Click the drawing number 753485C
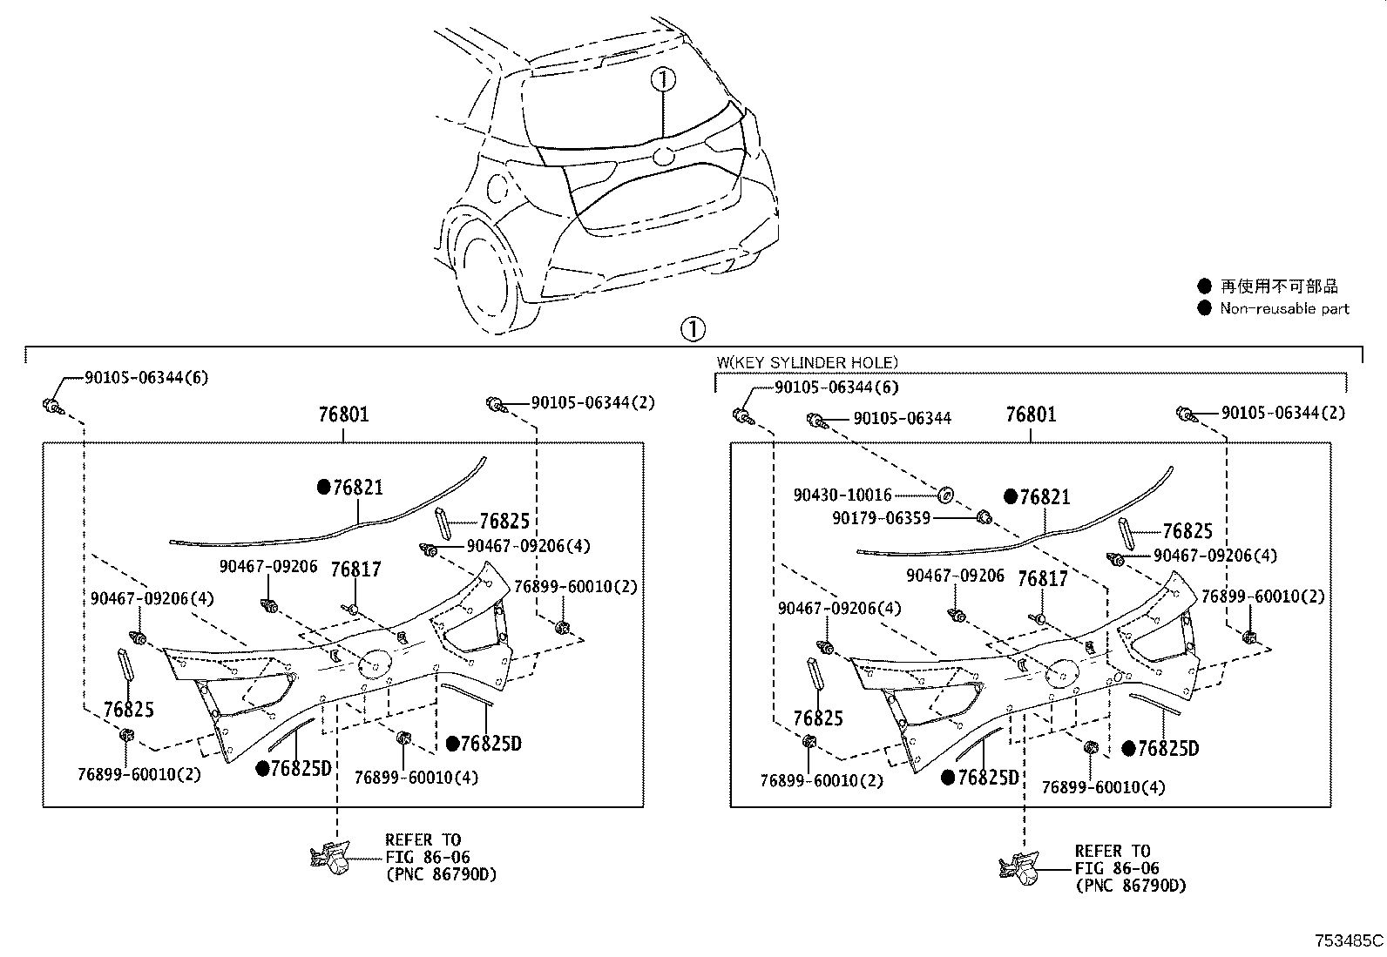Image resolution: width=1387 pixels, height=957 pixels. [x=1349, y=940]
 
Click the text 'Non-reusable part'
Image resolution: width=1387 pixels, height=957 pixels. [x=1283, y=308]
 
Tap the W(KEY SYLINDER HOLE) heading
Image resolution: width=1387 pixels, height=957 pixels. [x=806, y=362]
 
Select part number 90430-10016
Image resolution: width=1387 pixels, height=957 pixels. [x=842, y=495]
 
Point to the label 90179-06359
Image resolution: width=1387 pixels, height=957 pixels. [x=881, y=517]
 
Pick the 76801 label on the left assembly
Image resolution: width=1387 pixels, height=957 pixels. [x=343, y=414]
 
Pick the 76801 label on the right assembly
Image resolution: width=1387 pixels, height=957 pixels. [x=1031, y=414]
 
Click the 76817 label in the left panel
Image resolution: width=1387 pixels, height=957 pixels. [x=355, y=569]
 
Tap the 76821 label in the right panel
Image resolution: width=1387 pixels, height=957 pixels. [x=1045, y=496]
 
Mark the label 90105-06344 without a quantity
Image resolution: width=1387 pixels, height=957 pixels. [x=902, y=418]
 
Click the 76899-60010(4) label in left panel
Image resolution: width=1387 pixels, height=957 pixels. [x=416, y=778]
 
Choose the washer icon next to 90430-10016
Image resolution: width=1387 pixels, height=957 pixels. [x=945, y=495]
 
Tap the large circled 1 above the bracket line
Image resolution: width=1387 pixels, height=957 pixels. [x=693, y=330]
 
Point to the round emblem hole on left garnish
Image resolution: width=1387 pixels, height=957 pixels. [x=375, y=664]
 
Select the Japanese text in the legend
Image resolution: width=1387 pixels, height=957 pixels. [x=1278, y=286]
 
